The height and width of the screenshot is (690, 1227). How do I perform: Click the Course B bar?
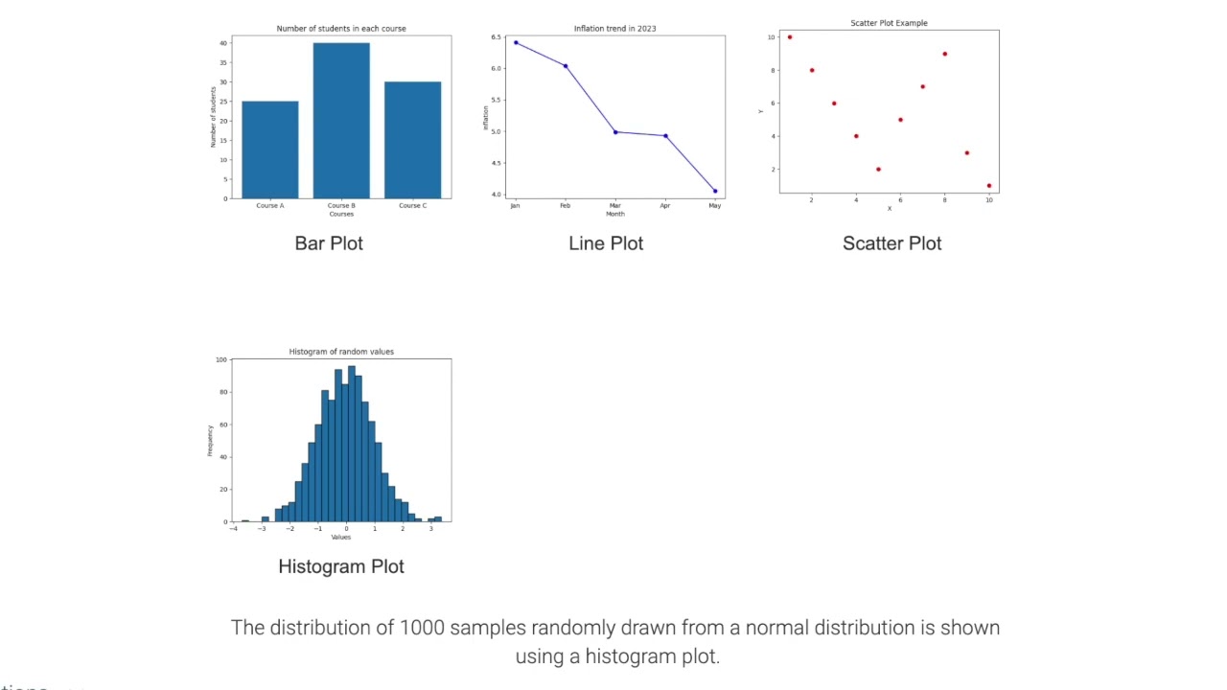(x=341, y=121)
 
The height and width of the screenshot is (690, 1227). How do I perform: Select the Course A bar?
(x=269, y=149)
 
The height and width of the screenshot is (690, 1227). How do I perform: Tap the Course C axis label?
(x=412, y=206)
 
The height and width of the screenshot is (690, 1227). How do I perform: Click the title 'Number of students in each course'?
(x=341, y=29)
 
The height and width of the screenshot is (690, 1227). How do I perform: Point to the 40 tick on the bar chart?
(x=223, y=43)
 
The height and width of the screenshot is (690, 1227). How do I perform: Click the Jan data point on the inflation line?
(x=516, y=42)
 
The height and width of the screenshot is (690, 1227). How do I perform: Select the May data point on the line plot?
(x=715, y=191)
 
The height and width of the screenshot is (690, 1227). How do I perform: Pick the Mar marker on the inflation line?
(x=615, y=132)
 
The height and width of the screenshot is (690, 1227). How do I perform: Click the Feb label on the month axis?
(x=566, y=206)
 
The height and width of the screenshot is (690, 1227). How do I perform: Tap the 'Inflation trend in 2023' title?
(x=615, y=29)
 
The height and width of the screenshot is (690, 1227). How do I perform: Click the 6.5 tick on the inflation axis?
(x=497, y=37)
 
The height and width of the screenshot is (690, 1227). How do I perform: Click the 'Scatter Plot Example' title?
(x=889, y=23)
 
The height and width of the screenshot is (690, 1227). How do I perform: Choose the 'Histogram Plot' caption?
(x=341, y=566)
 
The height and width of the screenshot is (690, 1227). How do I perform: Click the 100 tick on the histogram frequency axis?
(x=221, y=360)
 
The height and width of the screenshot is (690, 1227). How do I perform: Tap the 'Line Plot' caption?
(x=606, y=243)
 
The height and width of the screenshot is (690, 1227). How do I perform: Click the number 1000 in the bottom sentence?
(x=422, y=628)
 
